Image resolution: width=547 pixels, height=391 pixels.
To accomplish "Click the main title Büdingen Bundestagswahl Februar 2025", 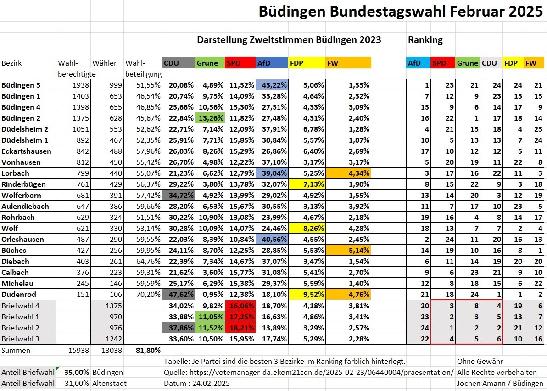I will click(x=400, y=11).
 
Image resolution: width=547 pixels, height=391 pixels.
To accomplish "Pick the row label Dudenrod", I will click(x=19, y=294).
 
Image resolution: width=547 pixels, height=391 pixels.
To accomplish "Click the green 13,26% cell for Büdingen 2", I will click(x=211, y=118).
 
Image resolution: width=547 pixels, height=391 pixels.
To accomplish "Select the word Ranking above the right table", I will click(x=425, y=40).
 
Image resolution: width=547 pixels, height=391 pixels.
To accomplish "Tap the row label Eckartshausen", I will click(x=26, y=151).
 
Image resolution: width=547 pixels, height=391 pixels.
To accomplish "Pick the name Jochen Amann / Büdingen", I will click(x=500, y=383).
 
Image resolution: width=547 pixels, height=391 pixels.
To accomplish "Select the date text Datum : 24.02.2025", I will click(x=197, y=383).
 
